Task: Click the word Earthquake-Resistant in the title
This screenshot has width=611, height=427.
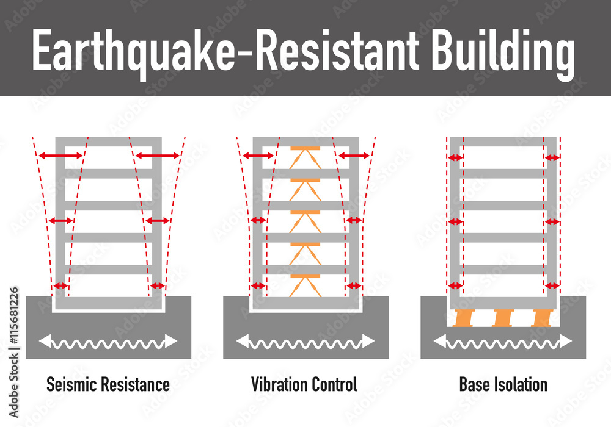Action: [x=225, y=51]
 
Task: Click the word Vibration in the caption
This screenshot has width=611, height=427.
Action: [x=279, y=384]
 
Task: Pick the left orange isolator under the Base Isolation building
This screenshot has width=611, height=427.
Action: [x=463, y=318]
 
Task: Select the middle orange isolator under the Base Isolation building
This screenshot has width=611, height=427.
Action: [x=503, y=318]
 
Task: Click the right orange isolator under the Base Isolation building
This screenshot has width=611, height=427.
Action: [x=543, y=318]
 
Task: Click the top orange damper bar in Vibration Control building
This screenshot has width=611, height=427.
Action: [x=305, y=148]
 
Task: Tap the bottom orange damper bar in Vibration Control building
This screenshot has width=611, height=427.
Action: [x=305, y=276]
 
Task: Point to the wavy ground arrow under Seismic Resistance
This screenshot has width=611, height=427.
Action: [x=108, y=342]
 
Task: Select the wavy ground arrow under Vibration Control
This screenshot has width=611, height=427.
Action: [x=305, y=342]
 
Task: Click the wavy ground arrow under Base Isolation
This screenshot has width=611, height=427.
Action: [x=503, y=342]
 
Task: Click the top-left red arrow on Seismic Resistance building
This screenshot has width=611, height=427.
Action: [x=60, y=156]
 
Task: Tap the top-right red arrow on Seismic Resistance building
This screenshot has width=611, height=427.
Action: [x=158, y=156]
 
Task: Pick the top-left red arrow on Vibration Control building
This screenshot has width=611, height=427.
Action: [x=258, y=156]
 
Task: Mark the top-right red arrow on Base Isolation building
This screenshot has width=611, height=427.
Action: [x=552, y=158]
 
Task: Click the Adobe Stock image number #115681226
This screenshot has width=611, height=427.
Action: [x=13, y=316]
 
